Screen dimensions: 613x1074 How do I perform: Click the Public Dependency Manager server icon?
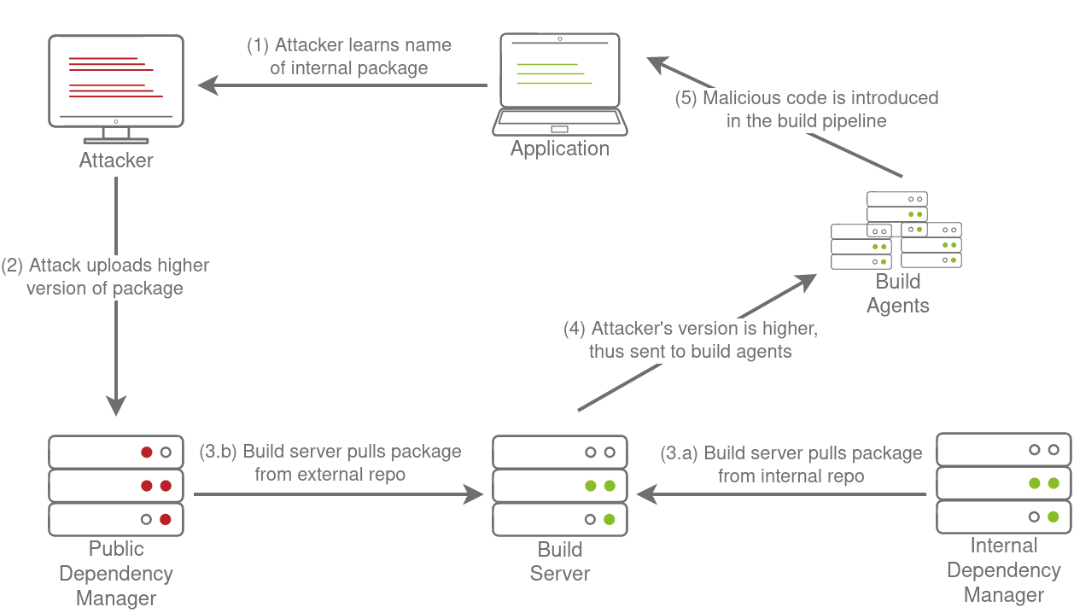point(116,485)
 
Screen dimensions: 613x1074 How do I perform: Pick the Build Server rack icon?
point(560,485)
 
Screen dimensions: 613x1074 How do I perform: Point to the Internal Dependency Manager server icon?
point(1003,482)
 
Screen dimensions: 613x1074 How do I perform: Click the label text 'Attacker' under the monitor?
point(116,161)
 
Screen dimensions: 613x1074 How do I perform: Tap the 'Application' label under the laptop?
point(559,149)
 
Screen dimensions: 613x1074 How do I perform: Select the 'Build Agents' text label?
point(898,293)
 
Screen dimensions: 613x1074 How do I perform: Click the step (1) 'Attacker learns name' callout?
point(349,57)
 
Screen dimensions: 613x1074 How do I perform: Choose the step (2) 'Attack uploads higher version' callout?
point(105,277)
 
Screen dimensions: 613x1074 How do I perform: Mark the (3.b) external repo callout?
point(330,463)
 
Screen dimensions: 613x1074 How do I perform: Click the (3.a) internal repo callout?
point(791,464)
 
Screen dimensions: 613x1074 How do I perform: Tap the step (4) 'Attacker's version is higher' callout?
point(691,340)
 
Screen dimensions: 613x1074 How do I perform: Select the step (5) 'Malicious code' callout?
point(807,109)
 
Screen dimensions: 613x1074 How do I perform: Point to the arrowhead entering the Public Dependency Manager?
point(116,406)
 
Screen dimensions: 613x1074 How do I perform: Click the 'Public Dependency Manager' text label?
point(116,573)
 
